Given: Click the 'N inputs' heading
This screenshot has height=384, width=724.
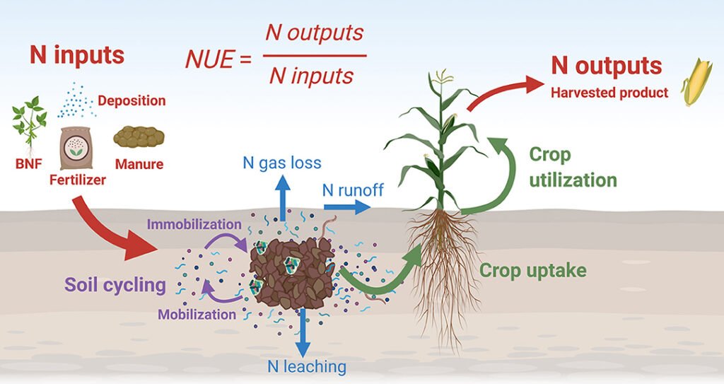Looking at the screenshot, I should tap(77, 55).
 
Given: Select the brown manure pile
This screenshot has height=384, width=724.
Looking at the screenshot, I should tap(139, 136).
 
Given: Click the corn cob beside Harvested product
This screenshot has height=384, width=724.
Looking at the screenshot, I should tap(696, 83).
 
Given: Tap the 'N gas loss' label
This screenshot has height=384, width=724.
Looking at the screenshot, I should tap(281, 163).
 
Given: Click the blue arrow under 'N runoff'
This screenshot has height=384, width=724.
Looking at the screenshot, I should tap(346, 206).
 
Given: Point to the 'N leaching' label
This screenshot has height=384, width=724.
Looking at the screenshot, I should tap(307, 366).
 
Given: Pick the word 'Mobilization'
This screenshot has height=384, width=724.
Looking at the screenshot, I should tap(197, 314).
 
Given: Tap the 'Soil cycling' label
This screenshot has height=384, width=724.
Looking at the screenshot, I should tap(115, 285).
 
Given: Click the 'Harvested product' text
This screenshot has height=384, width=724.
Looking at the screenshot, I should tap(609, 93).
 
